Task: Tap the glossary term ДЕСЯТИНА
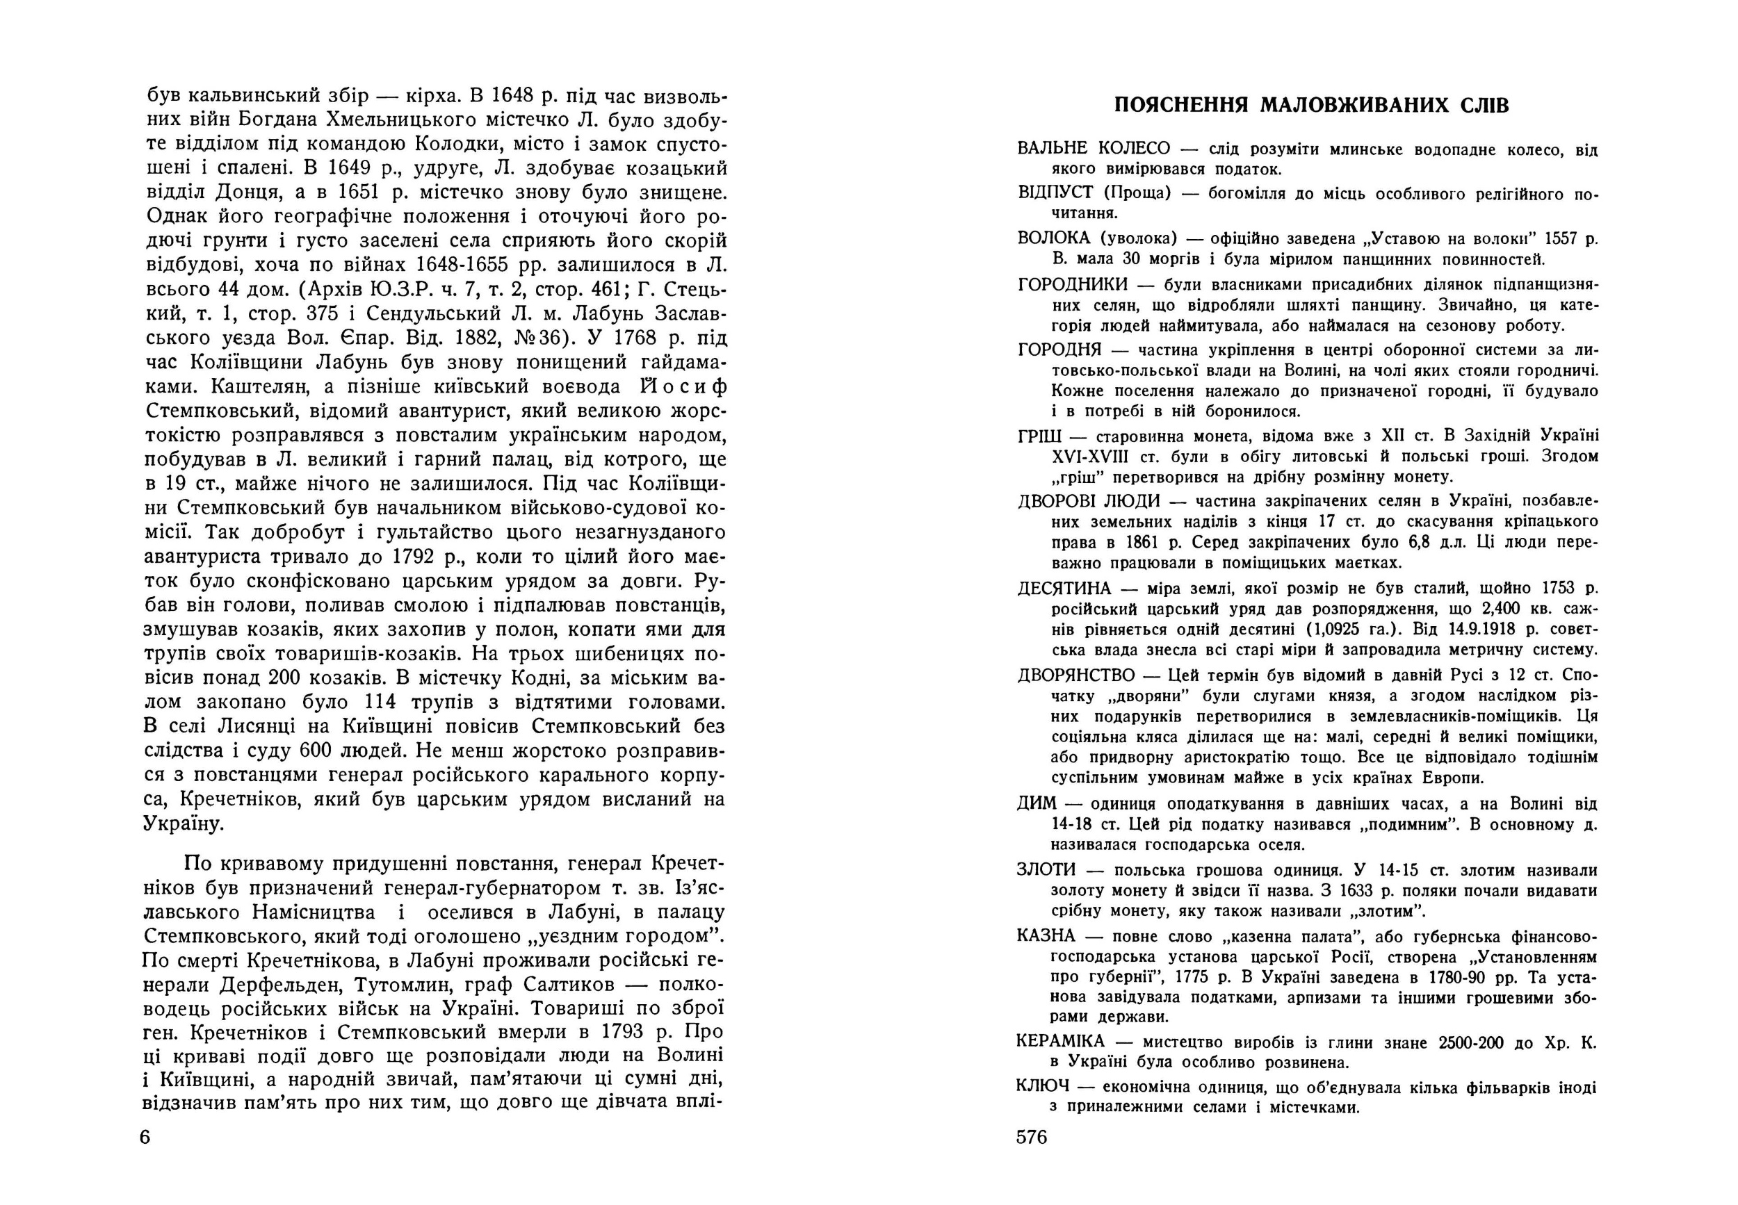coord(1064,588)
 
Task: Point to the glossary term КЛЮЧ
coord(1044,1088)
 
